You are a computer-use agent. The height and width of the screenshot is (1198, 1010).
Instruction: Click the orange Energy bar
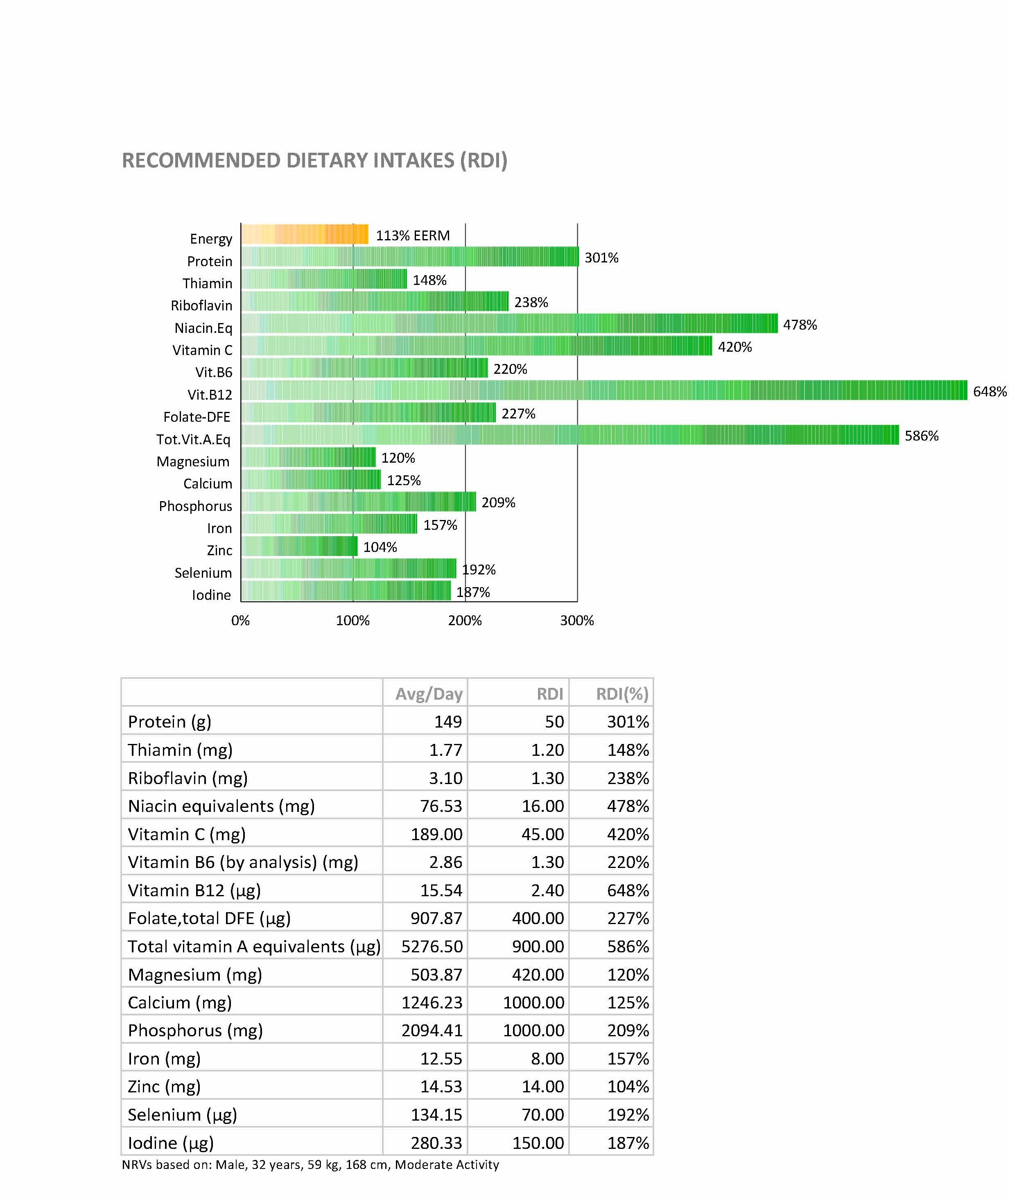304,234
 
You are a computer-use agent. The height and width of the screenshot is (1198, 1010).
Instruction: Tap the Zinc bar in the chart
299,546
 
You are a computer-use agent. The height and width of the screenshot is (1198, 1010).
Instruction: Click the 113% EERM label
412,235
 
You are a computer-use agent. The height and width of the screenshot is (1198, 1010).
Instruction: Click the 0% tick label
240,621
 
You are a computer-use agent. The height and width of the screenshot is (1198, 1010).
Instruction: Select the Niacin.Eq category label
203,328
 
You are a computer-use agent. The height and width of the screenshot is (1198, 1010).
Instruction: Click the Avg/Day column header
428,694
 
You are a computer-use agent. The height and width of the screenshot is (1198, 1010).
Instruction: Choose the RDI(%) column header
622,694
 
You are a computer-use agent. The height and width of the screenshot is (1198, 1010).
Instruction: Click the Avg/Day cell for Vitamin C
436,834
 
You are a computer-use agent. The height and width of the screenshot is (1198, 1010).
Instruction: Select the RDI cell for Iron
547,1059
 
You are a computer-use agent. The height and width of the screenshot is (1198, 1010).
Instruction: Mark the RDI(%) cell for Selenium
628,1115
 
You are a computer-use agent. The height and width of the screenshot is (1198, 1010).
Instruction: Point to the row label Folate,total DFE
209,918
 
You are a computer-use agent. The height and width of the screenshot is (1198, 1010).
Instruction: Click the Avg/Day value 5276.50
432,947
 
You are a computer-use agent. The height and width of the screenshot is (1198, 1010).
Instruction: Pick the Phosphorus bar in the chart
358,502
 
